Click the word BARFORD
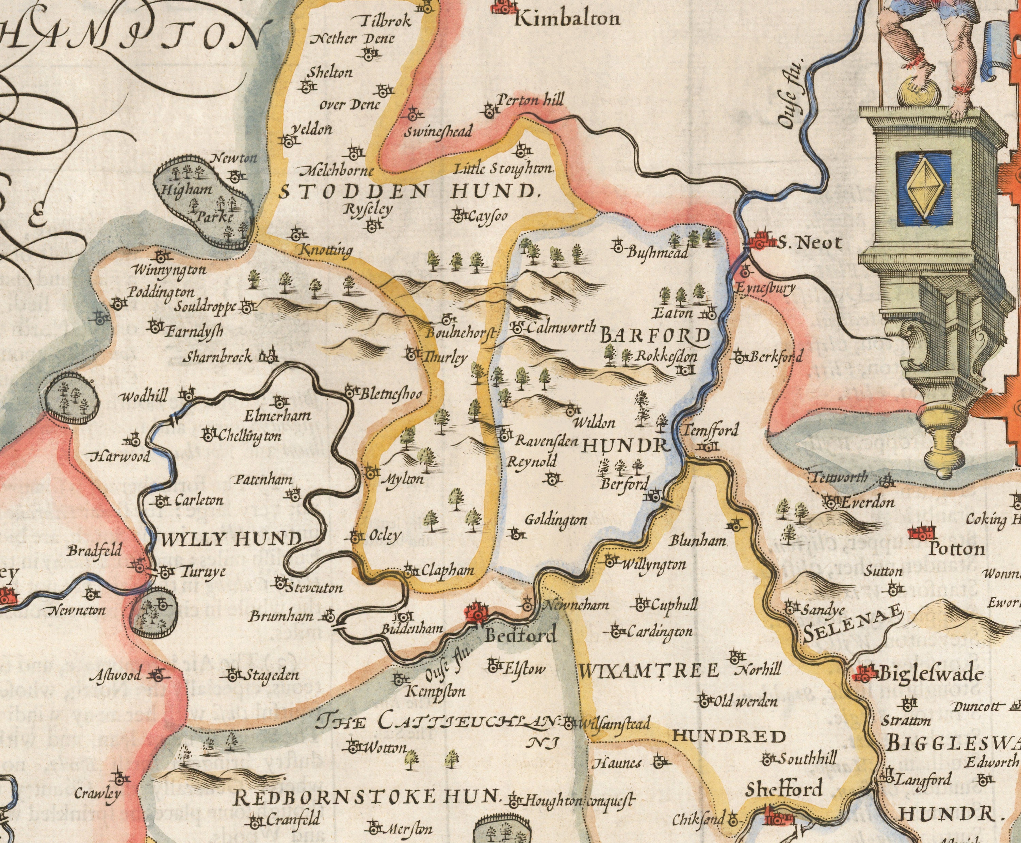tap(655, 335)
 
